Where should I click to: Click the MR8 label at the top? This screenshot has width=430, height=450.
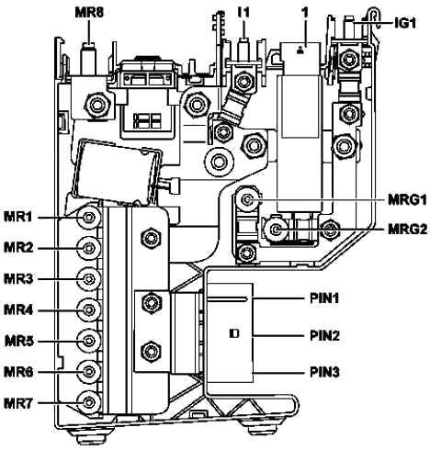[89, 13]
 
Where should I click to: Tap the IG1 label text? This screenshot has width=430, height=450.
[405, 23]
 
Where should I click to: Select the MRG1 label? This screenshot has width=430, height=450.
[407, 200]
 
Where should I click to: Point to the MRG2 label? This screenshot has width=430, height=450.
[407, 229]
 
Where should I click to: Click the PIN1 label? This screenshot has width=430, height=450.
[324, 298]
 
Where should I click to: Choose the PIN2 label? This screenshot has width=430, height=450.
[324, 336]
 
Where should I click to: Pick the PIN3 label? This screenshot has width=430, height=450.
[324, 373]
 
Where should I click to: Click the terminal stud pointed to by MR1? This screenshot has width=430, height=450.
[89, 218]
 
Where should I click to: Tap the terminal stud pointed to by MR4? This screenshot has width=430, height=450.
[89, 310]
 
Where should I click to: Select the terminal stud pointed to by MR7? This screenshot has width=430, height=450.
[89, 402]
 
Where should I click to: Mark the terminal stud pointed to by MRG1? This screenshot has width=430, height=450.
[247, 200]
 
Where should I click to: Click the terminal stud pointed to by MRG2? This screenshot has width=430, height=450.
[276, 229]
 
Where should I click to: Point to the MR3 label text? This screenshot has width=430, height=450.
[18, 279]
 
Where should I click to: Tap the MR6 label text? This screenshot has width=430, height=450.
[18, 372]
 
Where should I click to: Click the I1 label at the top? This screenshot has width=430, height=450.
[243, 13]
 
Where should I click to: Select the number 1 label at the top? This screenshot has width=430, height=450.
[305, 13]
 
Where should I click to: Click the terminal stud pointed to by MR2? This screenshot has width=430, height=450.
[89, 248]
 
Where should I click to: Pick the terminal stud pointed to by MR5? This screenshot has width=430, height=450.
[89, 341]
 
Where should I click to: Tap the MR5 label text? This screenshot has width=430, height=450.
[18, 342]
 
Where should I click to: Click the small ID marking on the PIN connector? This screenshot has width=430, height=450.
[234, 333]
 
